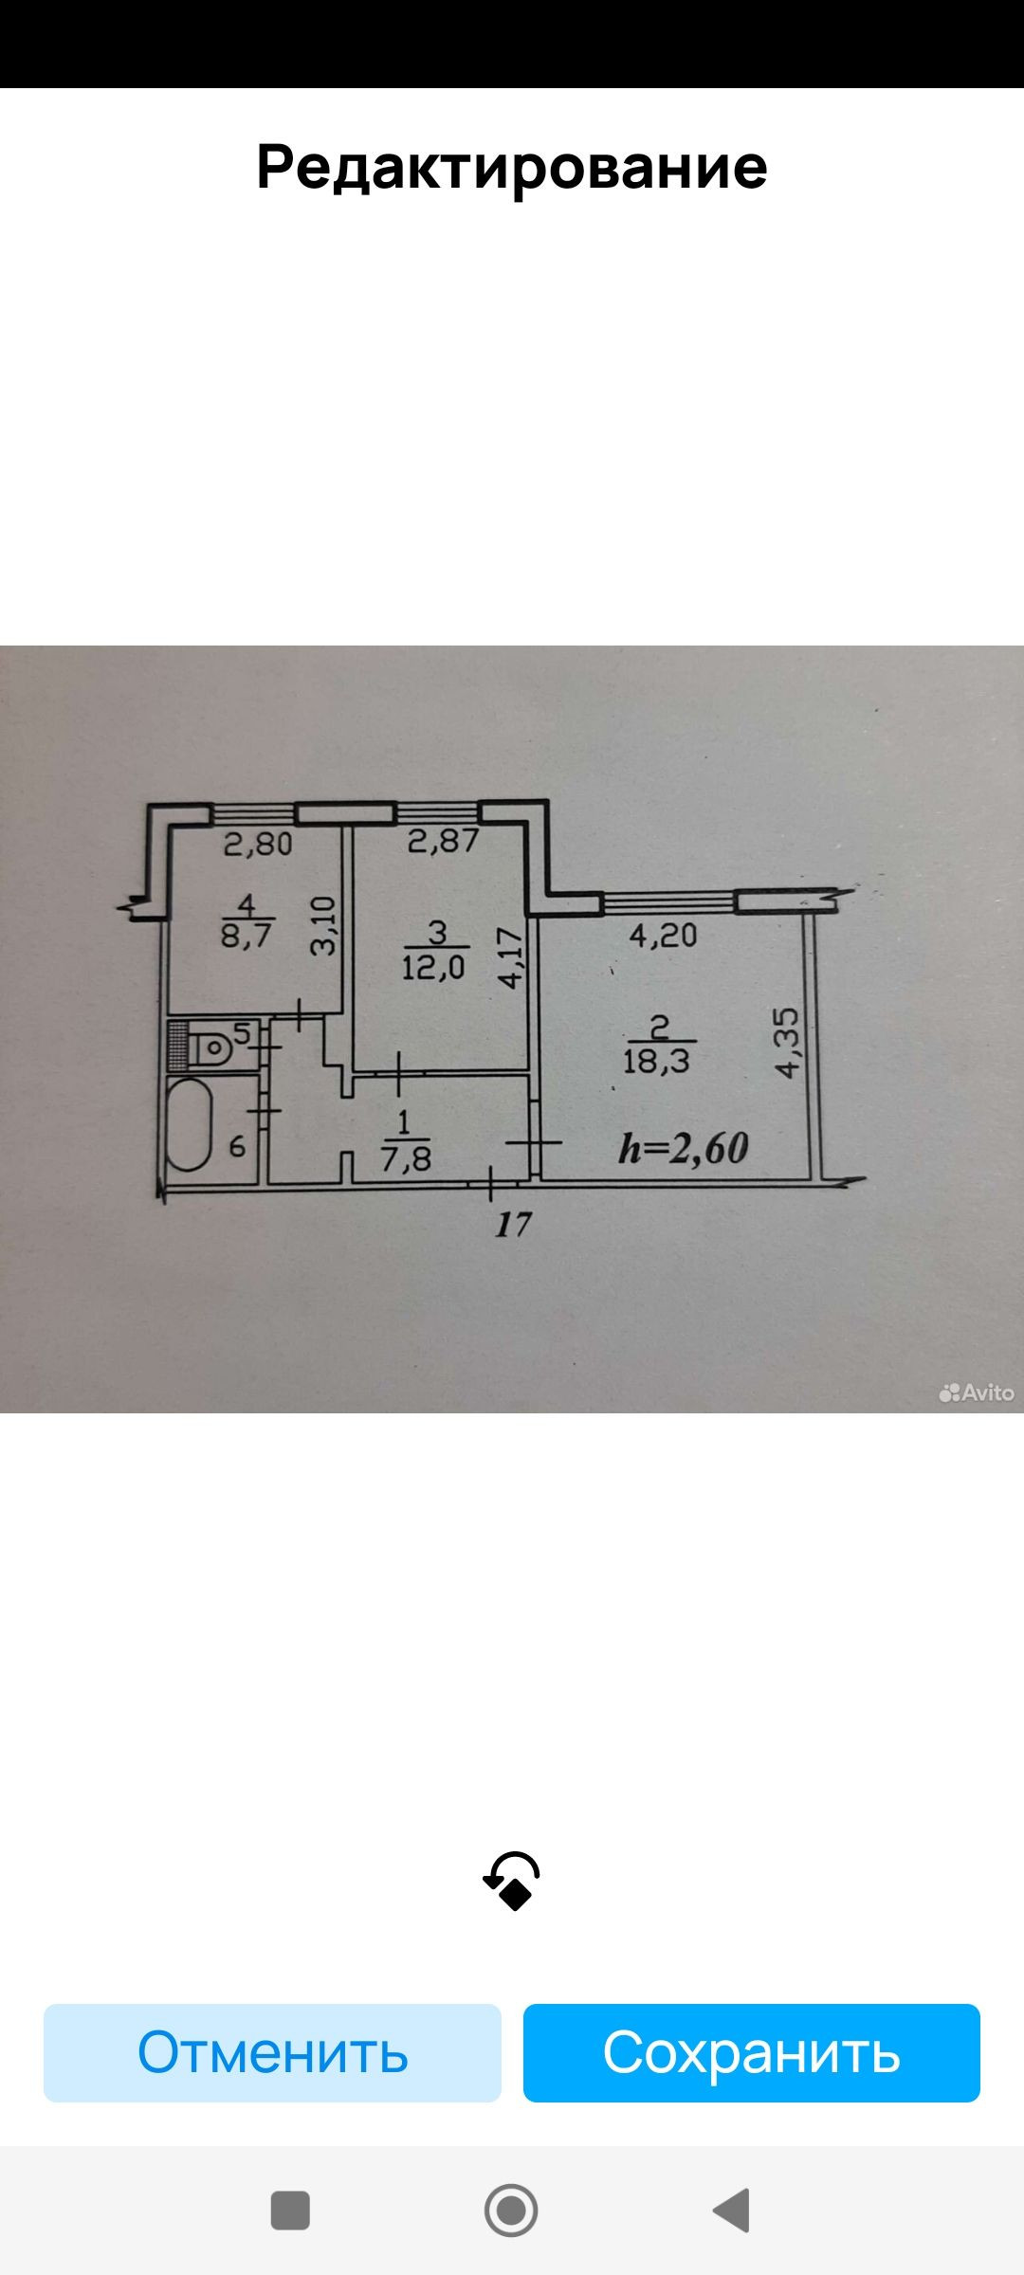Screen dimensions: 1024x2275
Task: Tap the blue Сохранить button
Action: tap(751, 2052)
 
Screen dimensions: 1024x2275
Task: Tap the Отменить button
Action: tap(272, 2052)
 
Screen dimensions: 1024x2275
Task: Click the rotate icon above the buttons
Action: tap(512, 1881)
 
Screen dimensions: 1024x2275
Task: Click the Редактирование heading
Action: tap(512, 168)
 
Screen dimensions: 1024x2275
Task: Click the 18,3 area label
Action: tap(656, 1060)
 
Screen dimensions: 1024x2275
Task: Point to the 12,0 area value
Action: tap(433, 968)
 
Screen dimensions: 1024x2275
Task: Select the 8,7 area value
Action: tap(247, 936)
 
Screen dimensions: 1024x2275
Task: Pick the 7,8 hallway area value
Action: tap(406, 1157)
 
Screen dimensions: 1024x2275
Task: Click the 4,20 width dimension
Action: tap(663, 937)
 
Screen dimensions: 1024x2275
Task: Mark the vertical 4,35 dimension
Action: tap(788, 1042)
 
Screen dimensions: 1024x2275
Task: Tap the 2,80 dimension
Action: tap(258, 844)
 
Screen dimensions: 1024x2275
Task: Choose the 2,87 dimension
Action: tap(443, 841)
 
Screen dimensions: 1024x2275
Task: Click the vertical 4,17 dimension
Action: tap(511, 957)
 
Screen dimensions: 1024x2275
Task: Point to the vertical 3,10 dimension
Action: tap(324, 926)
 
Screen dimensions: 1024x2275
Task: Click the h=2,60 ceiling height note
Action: tap(683, 1148)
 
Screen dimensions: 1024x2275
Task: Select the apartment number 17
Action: tap(513, 1225)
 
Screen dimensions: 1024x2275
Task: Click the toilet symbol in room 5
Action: tap(210, 1047)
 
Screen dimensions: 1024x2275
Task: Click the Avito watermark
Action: tap(977, 1392)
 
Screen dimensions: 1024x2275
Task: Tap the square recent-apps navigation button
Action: tap(290, 2210)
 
